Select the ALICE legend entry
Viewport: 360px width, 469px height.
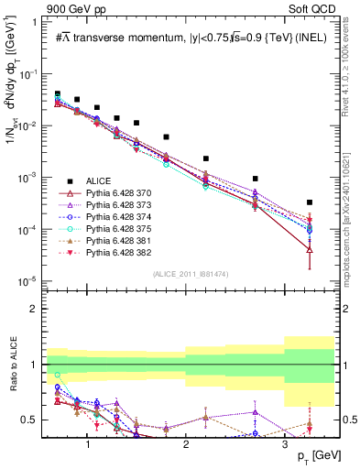96,180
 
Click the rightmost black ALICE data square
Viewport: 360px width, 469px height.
310,202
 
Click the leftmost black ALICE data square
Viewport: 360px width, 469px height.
57,93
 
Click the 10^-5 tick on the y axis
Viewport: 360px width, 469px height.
31,280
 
